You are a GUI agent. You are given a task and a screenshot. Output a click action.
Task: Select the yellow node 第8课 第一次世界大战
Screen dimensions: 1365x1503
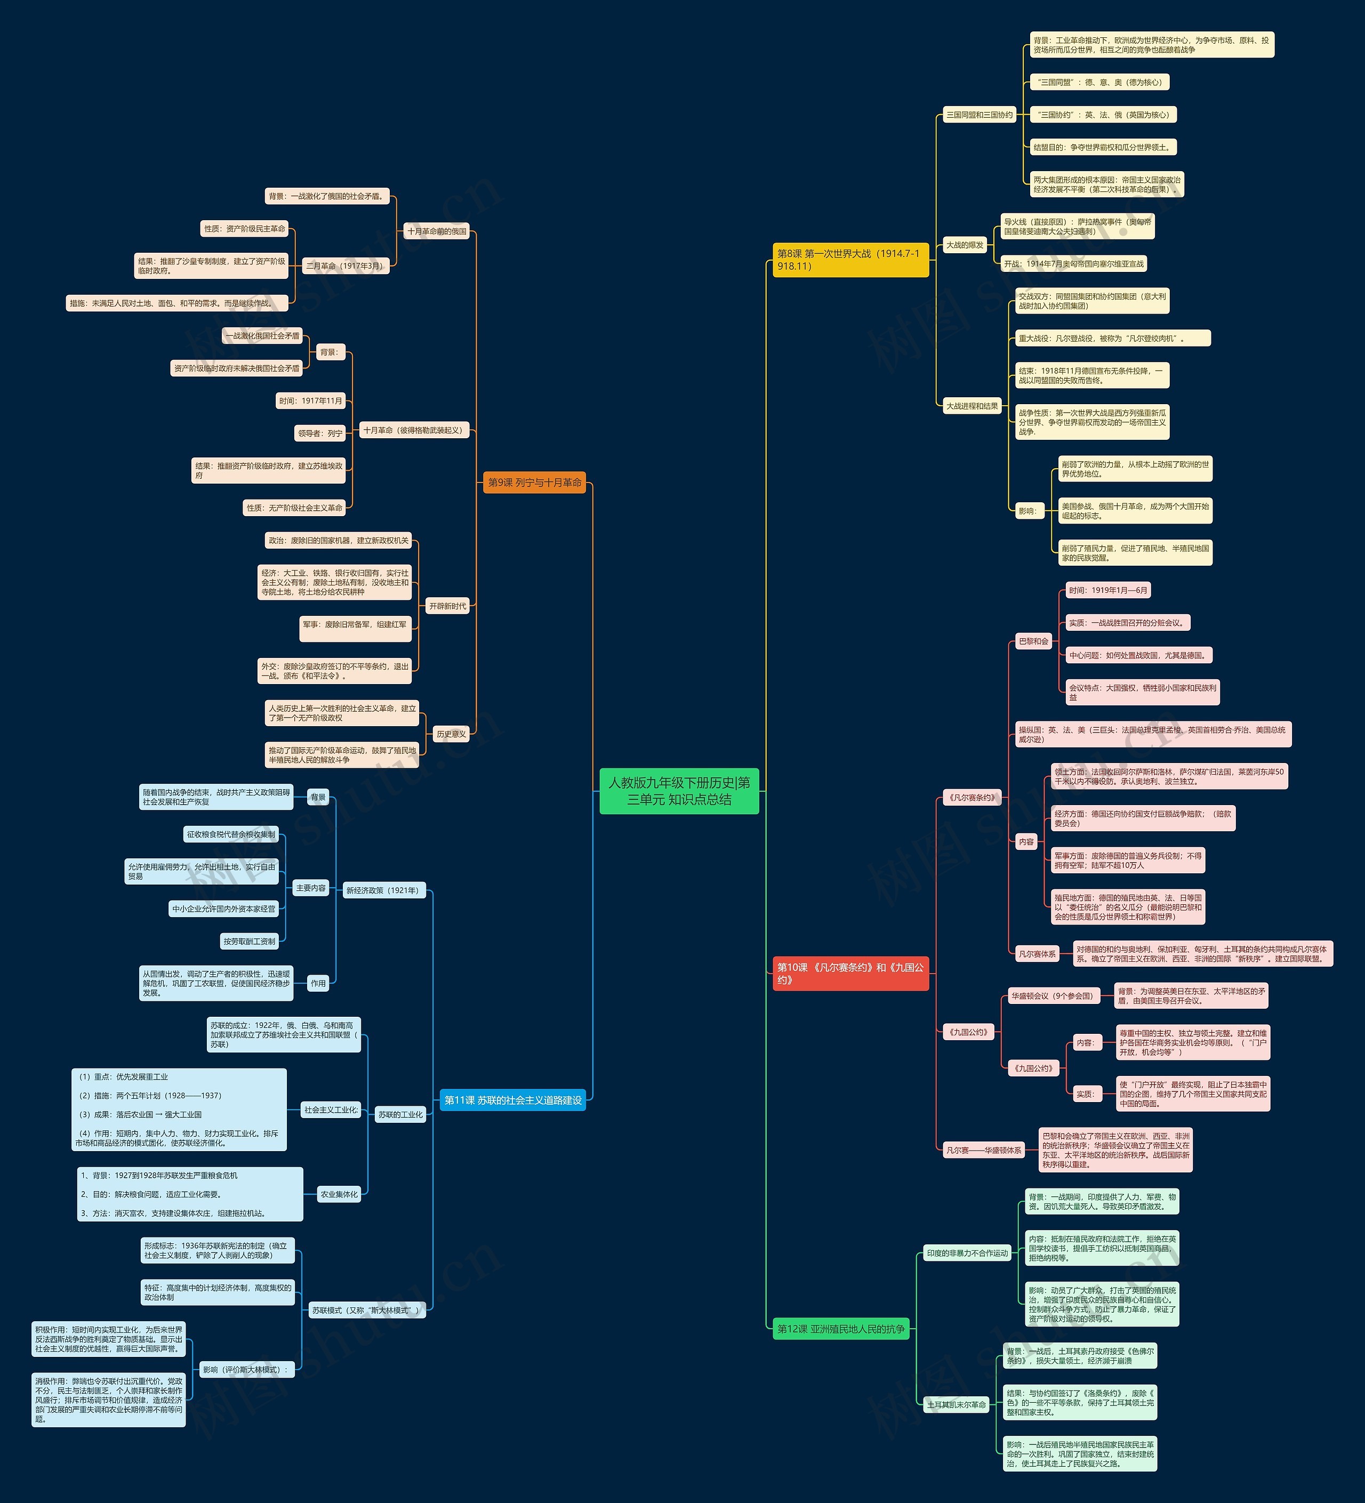point(850,260)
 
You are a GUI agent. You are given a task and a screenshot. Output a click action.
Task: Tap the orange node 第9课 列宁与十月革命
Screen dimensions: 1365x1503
point(534,483)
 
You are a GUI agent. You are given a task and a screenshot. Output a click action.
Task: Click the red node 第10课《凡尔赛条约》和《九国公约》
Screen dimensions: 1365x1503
point(850,973)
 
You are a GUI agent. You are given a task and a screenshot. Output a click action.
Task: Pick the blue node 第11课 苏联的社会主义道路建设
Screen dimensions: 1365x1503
point(513,1100)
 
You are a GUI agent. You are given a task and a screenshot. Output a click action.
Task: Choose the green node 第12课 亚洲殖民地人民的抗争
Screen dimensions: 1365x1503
point(841,1329)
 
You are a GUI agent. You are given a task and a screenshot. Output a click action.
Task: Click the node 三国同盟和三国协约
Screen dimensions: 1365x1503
point(979,115)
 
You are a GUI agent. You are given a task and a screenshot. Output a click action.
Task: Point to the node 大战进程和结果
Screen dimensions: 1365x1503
point(971,406)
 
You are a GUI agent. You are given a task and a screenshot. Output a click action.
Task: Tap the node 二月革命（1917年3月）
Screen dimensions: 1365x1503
point(345,266)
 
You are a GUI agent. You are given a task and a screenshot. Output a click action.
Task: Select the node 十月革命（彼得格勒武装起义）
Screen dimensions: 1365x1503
point(414,430)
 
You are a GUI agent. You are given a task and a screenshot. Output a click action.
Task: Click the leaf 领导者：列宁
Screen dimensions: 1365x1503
point(320,433)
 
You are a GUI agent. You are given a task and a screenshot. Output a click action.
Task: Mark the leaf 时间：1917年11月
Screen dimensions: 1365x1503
point(310,401)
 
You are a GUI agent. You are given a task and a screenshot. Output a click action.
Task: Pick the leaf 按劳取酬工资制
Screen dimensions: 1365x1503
point(249,942)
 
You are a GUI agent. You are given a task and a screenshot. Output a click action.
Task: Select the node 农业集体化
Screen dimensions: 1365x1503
point(339,1194)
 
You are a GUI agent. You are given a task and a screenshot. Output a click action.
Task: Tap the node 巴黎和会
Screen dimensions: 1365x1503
point(1033,641)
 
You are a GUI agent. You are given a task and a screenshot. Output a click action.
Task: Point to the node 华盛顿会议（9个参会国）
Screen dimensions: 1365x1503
point(1053,996)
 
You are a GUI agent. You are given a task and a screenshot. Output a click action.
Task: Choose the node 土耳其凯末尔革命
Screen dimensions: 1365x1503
point(955,1404)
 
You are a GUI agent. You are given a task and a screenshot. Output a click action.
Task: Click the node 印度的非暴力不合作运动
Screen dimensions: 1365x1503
point(967,1253)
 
